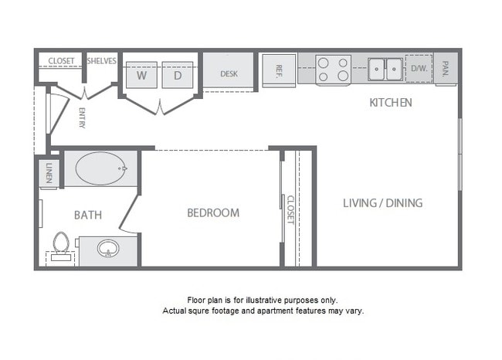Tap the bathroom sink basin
[x=107, y=249]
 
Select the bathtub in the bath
[x=99, y=166]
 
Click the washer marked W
[x=142, y=75]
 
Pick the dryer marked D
[x=177, y=75]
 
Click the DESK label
[x=229, y=74]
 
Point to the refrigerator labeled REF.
[x=279, y=70]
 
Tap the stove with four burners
[x=333, y=70]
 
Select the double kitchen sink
[x=385, y=69]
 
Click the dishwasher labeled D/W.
[x=419, y=69]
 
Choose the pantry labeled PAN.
[x=446, y=69]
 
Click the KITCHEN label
[x=391, y=102]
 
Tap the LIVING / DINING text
[x=383, y=203]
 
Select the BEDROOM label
[x=213, y=212]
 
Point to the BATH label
[x=89, y=215]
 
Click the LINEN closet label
[x=49, y=172]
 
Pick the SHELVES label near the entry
[x=101, y=61]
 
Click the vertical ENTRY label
[x=82, y=117]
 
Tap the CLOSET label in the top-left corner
[x=61, y=61]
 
